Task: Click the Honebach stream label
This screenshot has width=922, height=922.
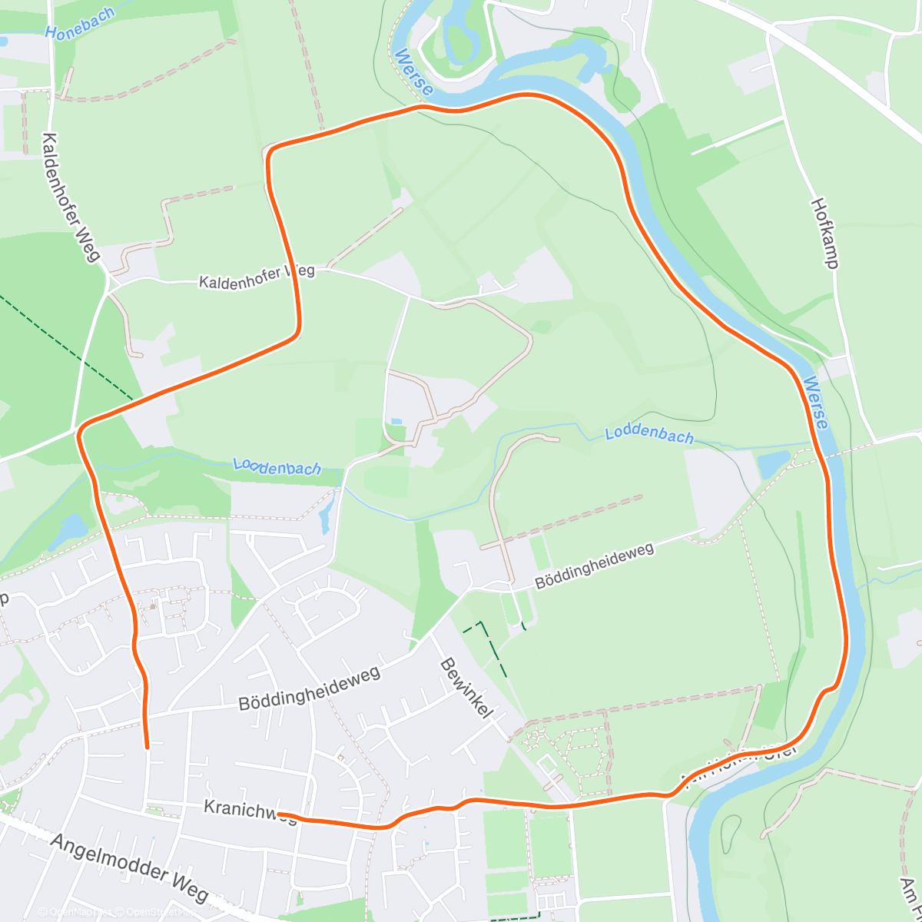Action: coord(80,24)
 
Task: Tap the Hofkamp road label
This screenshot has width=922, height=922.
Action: coord(824,233)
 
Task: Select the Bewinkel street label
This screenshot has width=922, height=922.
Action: coord(464,688)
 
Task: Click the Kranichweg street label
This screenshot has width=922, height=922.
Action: coord(250,810)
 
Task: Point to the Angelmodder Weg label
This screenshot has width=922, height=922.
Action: coord(129,867)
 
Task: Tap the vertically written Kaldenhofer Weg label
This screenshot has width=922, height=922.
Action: coord(71,197)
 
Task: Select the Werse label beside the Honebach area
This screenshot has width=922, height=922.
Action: coord(413,73)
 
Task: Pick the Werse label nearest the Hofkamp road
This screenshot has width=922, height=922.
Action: coord(816,403)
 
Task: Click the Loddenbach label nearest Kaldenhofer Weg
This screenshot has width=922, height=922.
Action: coord(277,466)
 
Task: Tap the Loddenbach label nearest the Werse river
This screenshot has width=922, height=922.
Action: coord(649,435)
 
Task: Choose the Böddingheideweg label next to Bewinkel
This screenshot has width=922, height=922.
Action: coord(309,688)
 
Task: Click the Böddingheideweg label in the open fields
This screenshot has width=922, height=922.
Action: coord(594,565)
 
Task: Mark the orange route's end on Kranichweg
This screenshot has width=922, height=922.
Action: coord(280,814)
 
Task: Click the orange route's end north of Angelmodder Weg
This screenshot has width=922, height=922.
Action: coord(147,745)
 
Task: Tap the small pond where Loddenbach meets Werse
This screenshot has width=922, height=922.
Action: coord(773,464)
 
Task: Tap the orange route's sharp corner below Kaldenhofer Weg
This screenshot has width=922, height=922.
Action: coord(296,332)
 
